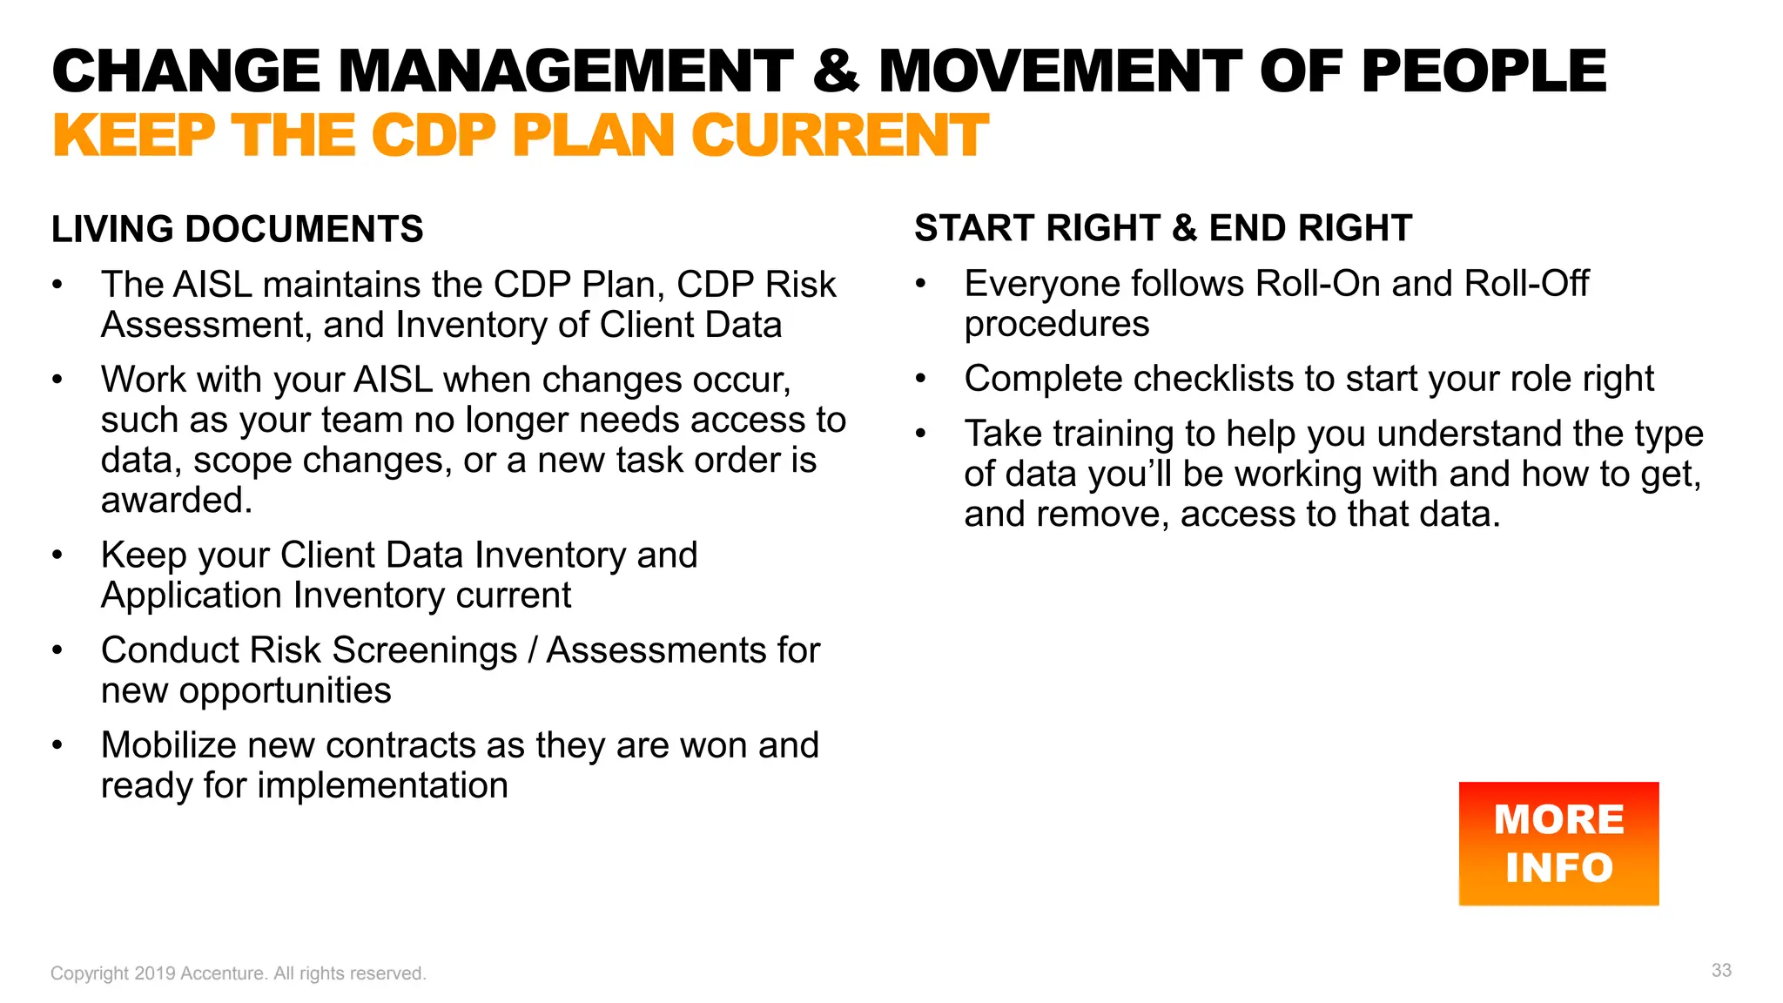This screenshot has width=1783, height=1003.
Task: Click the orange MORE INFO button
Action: point(1558,843)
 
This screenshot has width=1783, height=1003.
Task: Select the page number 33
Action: point(1721,970)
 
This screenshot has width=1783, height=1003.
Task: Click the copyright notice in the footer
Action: point(238,973)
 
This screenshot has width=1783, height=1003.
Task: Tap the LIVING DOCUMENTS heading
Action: point(237,229)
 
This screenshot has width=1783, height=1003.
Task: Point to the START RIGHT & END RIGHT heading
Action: point(1162,228)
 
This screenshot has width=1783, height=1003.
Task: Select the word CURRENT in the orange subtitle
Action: point(839,136)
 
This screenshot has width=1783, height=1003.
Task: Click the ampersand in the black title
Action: point(836,71)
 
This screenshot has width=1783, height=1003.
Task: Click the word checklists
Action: point(1214,379)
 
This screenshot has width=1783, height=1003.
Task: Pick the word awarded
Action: point(176,501)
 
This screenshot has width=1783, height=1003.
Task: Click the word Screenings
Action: point(425,650)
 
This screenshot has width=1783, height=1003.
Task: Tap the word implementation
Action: point(382,785)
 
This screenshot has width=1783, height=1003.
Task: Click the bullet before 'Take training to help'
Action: point(920,433)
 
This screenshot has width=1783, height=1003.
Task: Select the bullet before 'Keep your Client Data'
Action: point(57,555)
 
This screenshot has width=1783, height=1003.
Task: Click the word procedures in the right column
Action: point(1056,324)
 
